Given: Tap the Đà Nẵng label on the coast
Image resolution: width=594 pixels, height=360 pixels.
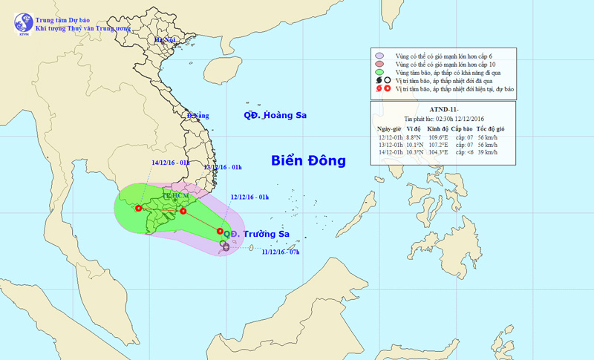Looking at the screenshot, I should coord(198,116).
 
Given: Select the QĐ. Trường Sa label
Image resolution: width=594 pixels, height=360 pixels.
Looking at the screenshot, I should coord(258,235).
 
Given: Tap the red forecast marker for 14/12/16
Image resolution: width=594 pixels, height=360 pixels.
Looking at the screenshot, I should coord(138,208).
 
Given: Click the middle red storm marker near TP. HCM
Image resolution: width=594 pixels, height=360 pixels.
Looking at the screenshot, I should coord(183,212).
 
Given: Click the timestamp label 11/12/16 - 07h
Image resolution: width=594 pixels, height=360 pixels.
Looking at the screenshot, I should coord(280,252).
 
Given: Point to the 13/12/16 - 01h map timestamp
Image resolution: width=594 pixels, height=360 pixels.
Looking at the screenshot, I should coord(222,168).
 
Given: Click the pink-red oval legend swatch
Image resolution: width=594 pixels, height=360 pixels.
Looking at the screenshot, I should coord(379,64).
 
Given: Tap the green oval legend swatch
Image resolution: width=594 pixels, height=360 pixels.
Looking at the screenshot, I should coord(379,72).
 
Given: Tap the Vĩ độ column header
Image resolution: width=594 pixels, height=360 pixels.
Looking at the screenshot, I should coord(414,129).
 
